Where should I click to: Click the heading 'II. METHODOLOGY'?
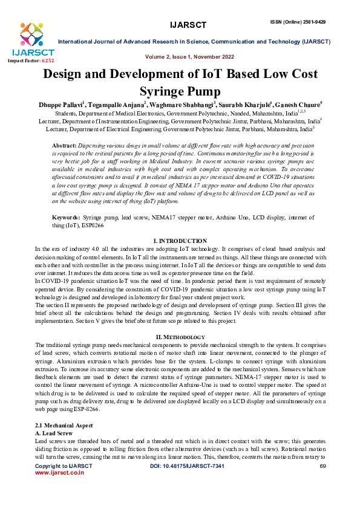180,336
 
